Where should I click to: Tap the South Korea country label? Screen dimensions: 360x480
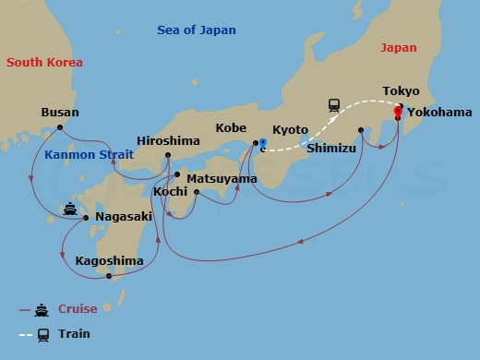pos(44,63)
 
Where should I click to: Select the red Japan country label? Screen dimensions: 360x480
pos(398,49)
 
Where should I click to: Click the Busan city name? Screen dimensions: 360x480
pos(60,113)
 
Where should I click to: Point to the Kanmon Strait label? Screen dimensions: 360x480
pos(89,155)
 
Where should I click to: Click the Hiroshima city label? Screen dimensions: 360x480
pos(168,141)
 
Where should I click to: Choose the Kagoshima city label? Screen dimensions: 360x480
pos(110,261)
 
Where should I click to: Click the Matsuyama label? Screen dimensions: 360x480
pos(222,178)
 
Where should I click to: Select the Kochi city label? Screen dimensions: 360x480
pos(171,191)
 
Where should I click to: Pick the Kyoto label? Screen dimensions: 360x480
pos(291,130)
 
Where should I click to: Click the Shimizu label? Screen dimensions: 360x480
pos(332,148)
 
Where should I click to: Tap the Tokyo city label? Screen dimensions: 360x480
pos(402,91)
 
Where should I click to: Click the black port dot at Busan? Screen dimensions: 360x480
pos(60,127)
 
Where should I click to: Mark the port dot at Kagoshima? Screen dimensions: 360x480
pos(109,276)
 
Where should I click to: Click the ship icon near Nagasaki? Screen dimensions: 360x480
pos(70,209)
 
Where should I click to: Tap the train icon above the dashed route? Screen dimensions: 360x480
pos(334,106)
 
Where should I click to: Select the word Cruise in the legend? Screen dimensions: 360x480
pos(78,309)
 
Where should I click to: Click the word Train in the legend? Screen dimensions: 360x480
pos(75,334)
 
